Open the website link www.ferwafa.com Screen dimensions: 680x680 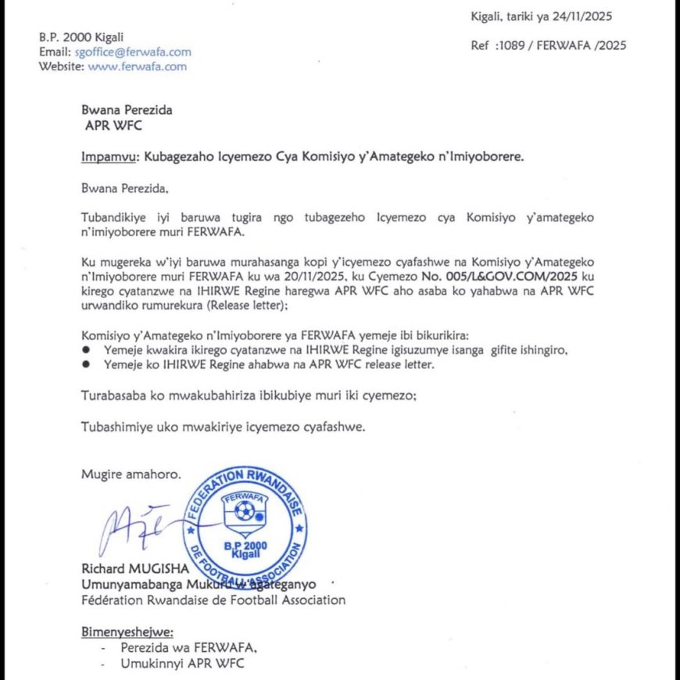point(137,66)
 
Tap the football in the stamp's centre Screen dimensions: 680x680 point(245,511)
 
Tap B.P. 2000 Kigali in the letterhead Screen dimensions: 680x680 point(81,38)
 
